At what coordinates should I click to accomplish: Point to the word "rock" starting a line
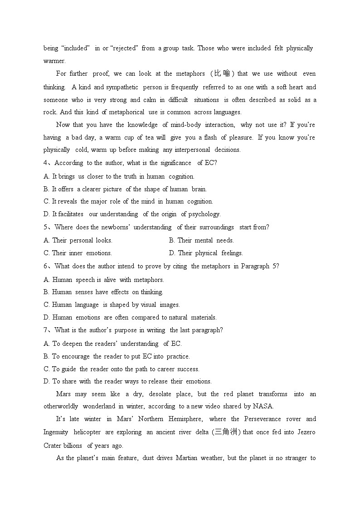coord(50,112)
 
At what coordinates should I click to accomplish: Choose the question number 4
coord(45,163)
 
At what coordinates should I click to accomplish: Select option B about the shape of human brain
coord(125,189)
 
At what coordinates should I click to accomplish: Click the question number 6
coord(45,266)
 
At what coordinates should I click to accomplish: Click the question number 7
coord(45,330)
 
